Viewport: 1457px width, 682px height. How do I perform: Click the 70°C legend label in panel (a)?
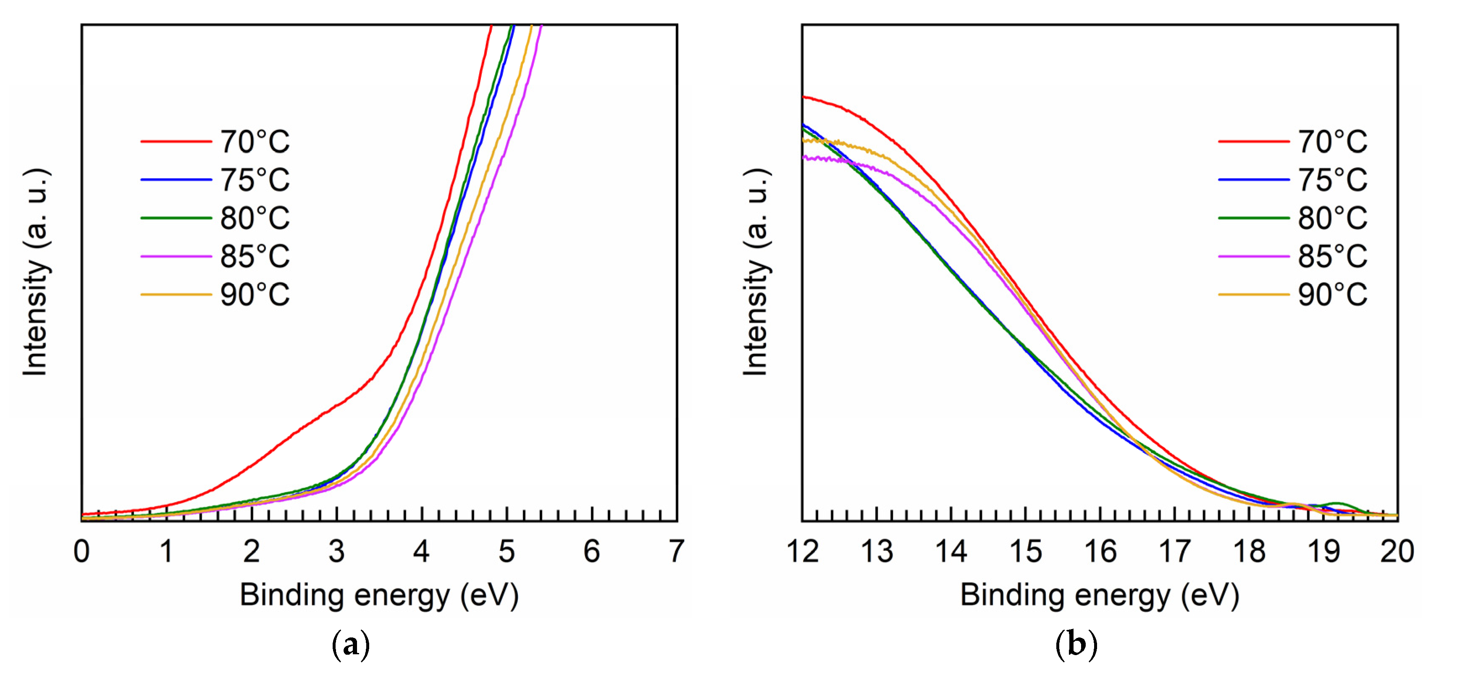point(255,142)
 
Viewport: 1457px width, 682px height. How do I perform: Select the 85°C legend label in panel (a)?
point(255,256)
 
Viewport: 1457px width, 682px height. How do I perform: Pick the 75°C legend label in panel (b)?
point(1332,180)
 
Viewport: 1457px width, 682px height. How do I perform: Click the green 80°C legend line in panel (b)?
point(1253,218)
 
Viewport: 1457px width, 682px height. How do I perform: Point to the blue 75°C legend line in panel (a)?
point(176,180)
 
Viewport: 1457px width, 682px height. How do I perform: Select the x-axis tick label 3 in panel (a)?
point(336,551)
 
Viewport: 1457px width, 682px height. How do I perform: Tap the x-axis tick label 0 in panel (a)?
point(81,551)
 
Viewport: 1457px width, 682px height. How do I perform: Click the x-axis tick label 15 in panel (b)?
point(1025,551)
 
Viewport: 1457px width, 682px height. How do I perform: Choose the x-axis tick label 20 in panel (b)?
point(1397,551)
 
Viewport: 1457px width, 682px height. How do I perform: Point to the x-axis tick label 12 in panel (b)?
point(803,551)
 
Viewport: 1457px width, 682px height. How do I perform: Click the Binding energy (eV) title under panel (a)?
point(379,595)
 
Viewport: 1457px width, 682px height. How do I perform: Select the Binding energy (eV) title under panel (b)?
point(1100,595)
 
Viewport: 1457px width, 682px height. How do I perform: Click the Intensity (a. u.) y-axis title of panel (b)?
point(756,272)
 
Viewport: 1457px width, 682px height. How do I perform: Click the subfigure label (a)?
point(351,645)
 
